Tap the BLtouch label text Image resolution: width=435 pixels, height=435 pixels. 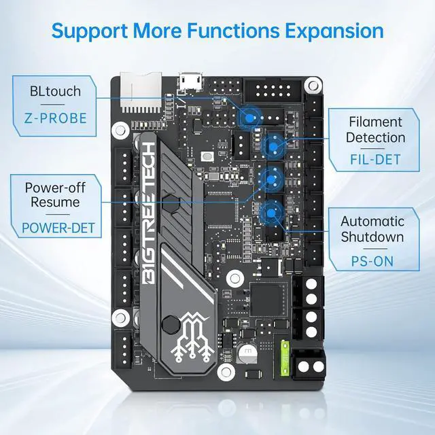54,91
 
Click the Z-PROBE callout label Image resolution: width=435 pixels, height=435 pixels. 54,118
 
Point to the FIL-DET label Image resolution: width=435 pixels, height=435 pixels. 376,160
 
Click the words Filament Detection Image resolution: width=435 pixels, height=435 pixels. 376,130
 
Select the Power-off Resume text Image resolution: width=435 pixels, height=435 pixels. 52,194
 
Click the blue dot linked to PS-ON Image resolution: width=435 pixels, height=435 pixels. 272,213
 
